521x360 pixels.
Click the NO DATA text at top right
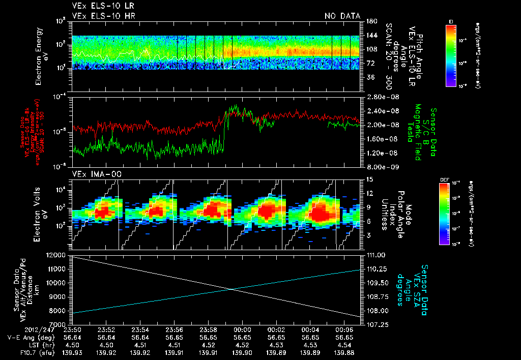[342, 16]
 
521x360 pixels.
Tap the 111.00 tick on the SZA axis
[374, 255]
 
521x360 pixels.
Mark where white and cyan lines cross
[232, 289]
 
